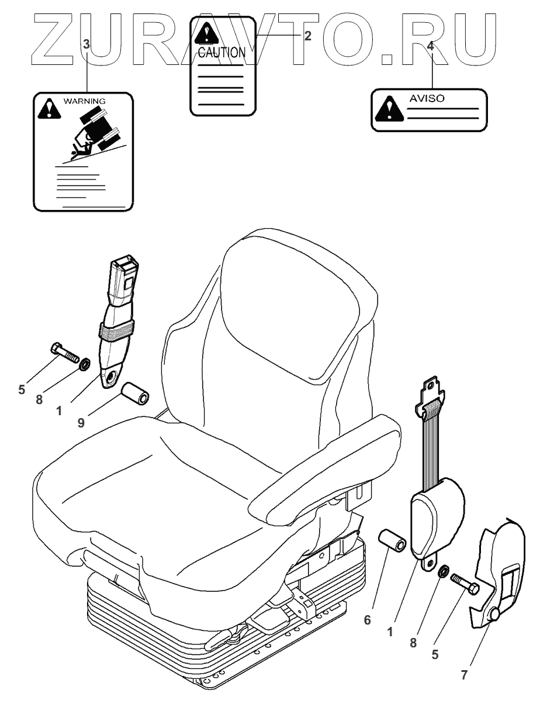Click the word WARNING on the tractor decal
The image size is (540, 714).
85,102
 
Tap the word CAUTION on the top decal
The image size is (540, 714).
221,53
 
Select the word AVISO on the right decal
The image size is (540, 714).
426,98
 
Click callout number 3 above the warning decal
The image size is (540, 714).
86,44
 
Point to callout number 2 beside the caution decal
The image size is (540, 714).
307,35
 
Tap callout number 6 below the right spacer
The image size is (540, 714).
367,620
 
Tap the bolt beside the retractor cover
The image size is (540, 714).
465,583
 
